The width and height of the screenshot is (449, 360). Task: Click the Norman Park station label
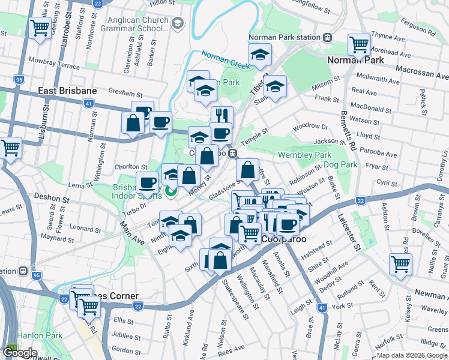[285, 37]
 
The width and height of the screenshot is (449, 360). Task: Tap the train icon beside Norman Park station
[327, 37]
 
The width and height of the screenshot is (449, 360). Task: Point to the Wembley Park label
[305, 155]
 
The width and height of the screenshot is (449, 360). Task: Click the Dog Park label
[340, 164]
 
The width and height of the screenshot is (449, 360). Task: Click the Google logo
[20, 353]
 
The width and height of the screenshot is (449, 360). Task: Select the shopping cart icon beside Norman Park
[360, 44]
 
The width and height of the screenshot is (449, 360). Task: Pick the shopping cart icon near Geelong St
[40, 28]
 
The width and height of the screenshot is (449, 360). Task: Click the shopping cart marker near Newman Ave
[400, 263]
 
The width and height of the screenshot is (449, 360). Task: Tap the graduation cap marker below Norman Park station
[260, 55]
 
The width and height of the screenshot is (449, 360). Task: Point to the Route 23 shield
[98, 3]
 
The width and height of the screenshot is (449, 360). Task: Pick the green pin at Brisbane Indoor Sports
[170, 192]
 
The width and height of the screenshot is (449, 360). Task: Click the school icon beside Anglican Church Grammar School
[177, 23]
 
